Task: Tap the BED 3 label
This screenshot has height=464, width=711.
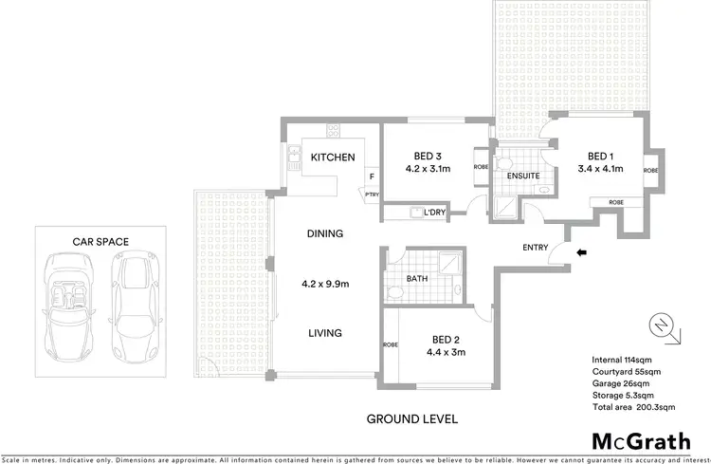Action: pos(428,157)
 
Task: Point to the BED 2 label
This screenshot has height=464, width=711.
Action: pos(447,339)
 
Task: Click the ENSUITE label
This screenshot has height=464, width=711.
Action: pos(522,176)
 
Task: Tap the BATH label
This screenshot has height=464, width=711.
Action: pos(417,279)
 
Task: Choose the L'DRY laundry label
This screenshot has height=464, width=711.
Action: pos(436,213)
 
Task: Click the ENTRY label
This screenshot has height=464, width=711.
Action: pos(536,249)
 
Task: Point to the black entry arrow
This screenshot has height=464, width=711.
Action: pos(582,251)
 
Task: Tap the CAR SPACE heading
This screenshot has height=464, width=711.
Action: pos(100,242)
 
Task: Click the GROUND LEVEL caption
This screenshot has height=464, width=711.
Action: pos(412,418)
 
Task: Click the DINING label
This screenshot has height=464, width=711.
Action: pos(324,233)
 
